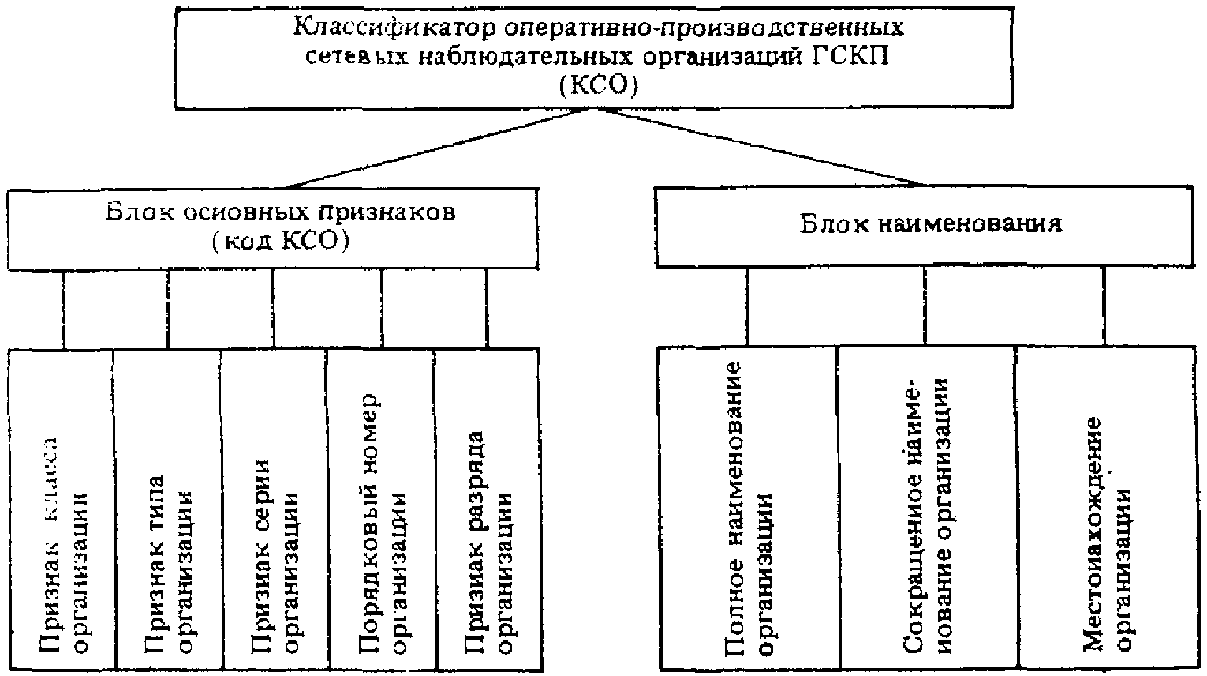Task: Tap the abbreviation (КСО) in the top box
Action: [597, 85]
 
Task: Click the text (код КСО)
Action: [281, 242]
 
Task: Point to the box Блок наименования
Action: [931, 226]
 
